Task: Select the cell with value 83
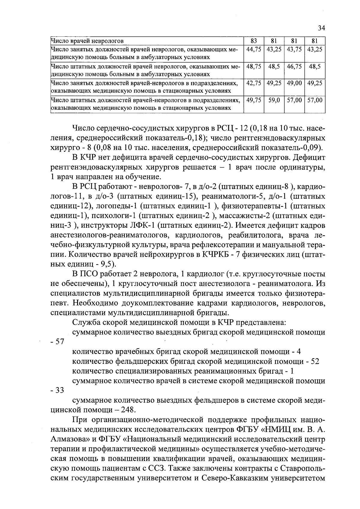(253, 41)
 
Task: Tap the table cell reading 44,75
(253, 49)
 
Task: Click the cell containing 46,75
(294, 66)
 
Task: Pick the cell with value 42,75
(253, 83)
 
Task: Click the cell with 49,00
(294, 83)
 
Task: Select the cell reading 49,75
(253, 100)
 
